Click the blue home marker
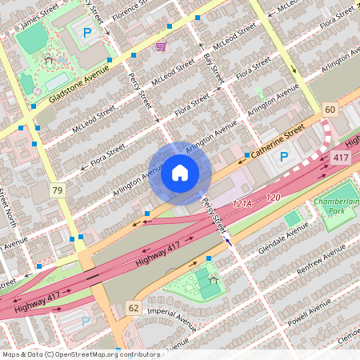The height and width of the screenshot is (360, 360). point(180,173)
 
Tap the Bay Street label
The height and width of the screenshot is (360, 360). point(213,65)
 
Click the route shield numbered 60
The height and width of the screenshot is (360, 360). point(330,109)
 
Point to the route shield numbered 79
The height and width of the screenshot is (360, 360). point(57,190)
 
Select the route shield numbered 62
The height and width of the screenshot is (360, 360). point(133,307)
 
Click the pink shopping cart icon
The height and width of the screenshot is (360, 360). point(161,46)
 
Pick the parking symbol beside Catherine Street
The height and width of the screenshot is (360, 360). point(283,158)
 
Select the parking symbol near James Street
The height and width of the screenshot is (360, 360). point(86,33)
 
